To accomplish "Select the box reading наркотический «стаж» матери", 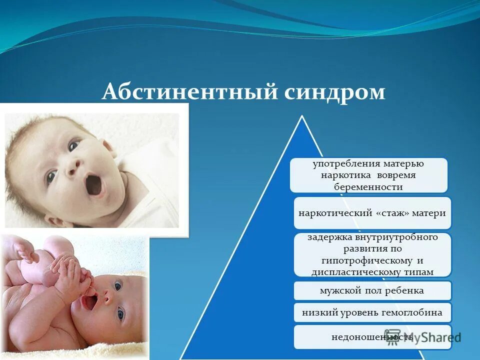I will [371, 213].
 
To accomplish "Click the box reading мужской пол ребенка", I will [371, 290].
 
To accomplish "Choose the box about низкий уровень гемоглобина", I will [371, 313].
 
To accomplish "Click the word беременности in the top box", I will [368, 186].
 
